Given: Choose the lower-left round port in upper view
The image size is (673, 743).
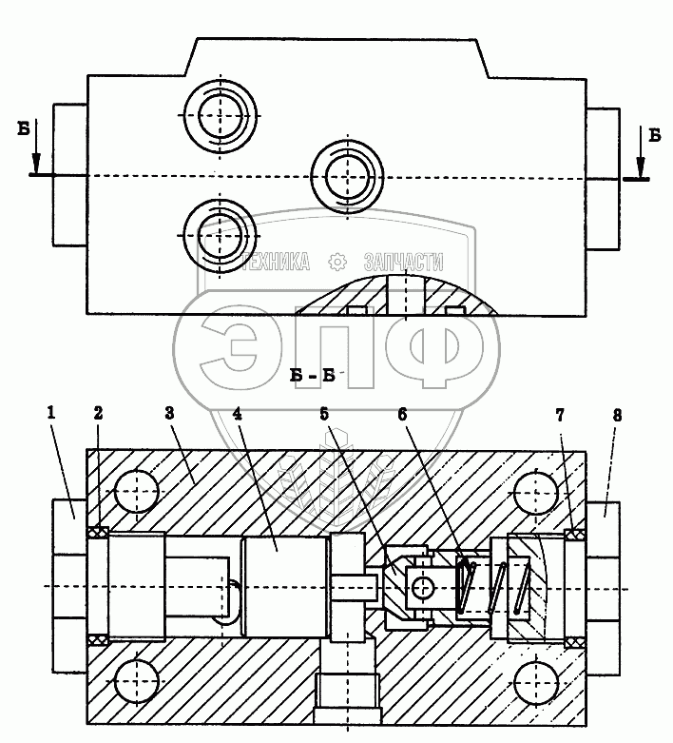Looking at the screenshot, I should tap(219, 234).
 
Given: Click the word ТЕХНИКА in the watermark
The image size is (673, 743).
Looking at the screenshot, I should tap(276, 263).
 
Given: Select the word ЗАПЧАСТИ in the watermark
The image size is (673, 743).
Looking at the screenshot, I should tap(403, 263).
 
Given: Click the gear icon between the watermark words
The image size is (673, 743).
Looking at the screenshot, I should tap(336, 263).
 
